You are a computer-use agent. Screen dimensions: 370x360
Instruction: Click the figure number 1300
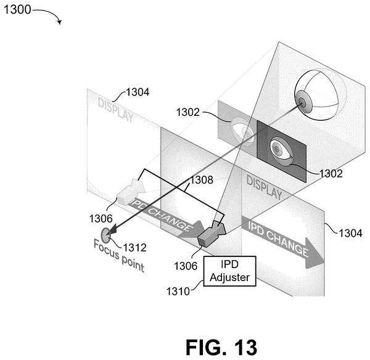pyautogui.click(x=17, y=9)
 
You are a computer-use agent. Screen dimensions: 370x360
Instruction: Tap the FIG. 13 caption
pyautogui.click(x=221, y=347)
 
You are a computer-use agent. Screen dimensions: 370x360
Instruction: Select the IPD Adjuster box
pyautogui.click(x=229, y=271)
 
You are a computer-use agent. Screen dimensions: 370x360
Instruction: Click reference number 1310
pyautogui.click(x=178, y=292)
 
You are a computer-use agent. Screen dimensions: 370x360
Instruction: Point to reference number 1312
pyautogui.click(x=134, y=248)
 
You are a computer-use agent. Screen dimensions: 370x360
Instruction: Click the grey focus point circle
pyautogui.click(x=105, y=235)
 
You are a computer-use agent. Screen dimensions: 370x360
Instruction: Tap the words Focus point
pyautogui.click(x=118, y=256)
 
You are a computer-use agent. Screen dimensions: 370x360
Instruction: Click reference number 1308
pyautogui.click(x=201, y=180)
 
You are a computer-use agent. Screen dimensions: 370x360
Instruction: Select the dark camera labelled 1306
pyautogui.click(x=211, y=234)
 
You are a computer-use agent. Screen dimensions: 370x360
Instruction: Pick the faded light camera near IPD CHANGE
pyautogui.click(x=131, y=192)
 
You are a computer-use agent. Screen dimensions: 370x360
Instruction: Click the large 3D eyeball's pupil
pyautogui.click(x=302, y=102)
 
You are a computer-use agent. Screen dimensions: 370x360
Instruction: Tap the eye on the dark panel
pyautogui.click(x=281, y=151)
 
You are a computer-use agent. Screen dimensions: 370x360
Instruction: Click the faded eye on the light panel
pyautogui.click(x=243, y=131)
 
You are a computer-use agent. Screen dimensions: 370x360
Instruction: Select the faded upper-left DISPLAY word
pyautogui.click(x=115, y=110)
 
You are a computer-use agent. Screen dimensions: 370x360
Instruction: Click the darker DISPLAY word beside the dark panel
pyautogui.click(x=265, y=187)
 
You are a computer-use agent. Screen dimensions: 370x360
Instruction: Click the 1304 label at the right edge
pyautogui.click(x=350, y=233)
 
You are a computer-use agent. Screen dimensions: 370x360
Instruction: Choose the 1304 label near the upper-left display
pyautogui.click(x=138, y=92)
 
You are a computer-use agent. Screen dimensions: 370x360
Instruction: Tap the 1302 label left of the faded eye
pyautogui.click(x=188, y=112)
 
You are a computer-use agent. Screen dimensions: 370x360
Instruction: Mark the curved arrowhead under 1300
pyautogui.click(x=60, y=22)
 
